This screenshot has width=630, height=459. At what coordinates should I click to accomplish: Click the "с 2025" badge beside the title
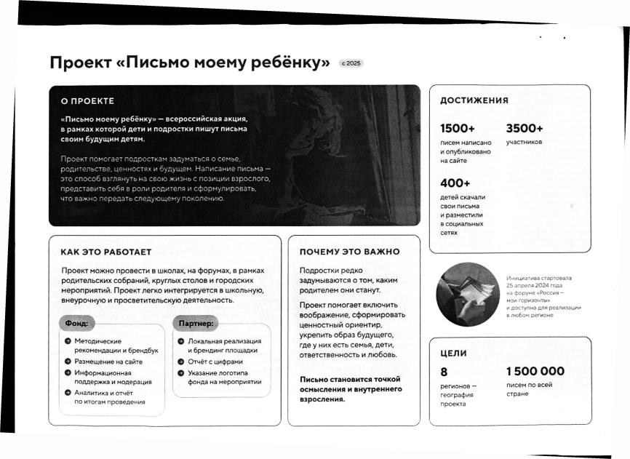coord(351,63)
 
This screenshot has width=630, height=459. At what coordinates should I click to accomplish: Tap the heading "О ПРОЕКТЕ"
coord(87,100)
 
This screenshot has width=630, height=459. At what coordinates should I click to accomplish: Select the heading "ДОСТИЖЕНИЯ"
coord(474,101)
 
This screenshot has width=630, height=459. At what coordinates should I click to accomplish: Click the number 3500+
coord(525,128)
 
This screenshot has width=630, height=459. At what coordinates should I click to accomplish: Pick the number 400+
coord(455,183)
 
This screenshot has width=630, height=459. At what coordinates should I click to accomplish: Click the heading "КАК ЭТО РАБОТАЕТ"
coord(105,252)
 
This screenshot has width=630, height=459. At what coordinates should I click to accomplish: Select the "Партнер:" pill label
coord(195,322)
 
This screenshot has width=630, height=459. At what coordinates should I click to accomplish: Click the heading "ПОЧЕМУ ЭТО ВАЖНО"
coord(350,252)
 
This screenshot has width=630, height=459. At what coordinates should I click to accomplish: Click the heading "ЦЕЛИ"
coord(453,354)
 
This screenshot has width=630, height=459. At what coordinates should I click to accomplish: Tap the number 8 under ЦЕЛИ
coord(444,372)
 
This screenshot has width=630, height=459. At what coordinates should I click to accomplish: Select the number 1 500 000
coord(535,372)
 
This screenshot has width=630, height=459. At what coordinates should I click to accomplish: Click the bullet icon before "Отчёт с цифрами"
coord(180,362)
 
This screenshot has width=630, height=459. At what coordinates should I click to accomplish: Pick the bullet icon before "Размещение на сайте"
coord(68,362)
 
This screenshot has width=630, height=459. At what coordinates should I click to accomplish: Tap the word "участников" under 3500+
coord(524,143)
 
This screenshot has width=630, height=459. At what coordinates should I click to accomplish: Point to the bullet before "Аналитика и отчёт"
coord(68,392)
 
